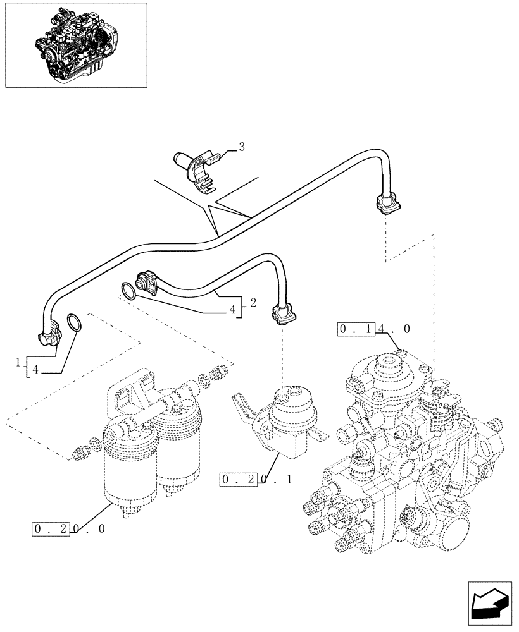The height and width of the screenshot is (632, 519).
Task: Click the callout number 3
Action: (241, 147)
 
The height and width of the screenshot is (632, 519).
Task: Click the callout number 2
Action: (253, 303)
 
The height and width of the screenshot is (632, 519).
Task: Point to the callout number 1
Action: (19, 362)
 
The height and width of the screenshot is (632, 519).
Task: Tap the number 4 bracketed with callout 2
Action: (233, 310)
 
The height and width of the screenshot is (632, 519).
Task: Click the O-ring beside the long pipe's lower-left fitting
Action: (74, 323)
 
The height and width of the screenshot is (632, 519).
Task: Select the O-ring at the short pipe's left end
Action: (128, 290)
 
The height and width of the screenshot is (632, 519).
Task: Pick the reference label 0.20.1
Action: (256, 480)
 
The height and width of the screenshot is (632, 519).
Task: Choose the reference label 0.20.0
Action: (68, 528)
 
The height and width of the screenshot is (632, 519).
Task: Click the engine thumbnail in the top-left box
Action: (75, 44)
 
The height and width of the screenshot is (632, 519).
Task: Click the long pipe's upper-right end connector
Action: (385, 204)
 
